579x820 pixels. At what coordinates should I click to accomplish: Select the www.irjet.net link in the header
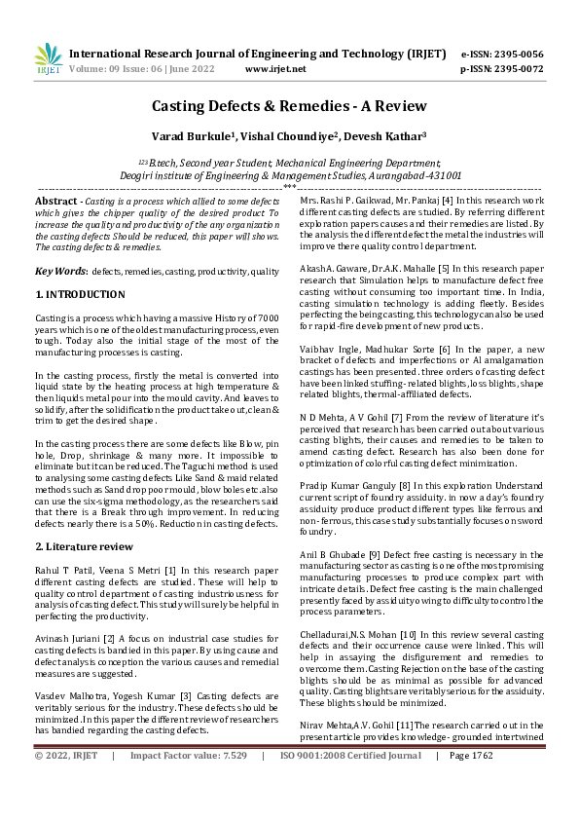tap(275, 69)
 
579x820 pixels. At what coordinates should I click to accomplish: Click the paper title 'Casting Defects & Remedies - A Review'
tap(288, 106)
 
